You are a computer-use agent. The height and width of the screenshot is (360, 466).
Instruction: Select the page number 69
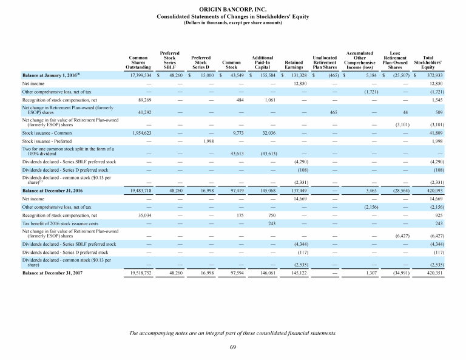[233, 347]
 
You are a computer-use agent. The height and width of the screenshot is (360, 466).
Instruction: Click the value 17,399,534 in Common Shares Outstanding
[140, 75]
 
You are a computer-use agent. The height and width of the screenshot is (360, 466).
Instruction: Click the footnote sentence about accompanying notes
[233, 333]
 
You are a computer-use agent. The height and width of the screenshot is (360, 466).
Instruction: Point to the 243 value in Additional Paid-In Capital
[271, 223]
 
